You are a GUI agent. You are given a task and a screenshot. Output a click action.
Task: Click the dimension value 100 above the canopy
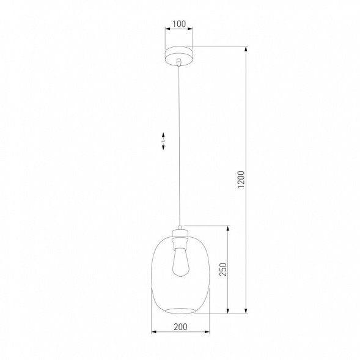[x=179, y=24]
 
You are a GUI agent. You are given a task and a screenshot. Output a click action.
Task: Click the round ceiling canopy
[x=178, y=53]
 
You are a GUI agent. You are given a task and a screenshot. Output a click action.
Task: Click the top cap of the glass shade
[x=179, y=231]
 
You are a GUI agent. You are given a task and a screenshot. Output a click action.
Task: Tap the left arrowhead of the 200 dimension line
[x=153, y=332]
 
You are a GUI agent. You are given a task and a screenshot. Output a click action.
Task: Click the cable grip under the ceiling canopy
[x=178, y=62]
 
